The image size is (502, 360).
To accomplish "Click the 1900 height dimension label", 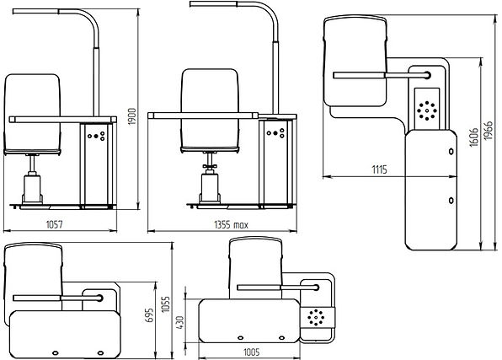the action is click(x=132, y=116).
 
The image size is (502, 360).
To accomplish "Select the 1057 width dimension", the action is click(x=54, y=224).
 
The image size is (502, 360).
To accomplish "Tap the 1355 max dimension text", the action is click(x=231, y=225).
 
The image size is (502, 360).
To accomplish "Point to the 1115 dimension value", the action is click(x=379, y=169).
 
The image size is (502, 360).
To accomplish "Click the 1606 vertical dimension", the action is click(x=474, y=137).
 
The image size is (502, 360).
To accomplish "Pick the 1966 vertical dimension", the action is click(x=488, y=131).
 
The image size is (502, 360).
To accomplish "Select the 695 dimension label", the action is click(x=150, y=315).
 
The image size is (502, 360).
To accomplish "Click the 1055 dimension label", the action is click(x=166, y=304).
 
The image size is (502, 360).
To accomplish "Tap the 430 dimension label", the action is click(x=180, y=323).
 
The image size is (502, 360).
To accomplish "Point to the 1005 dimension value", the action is click(x=252, y=352).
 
